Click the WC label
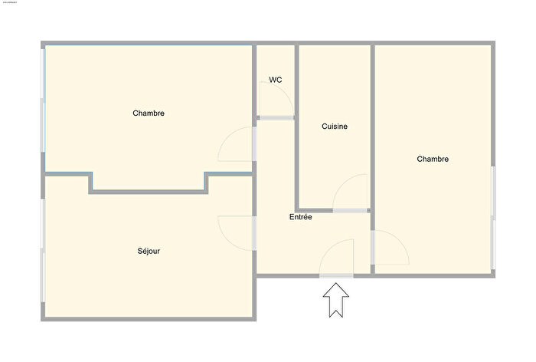pyautogui.click(x=276, y=80)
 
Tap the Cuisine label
pyautogui.click(x=334, y=127)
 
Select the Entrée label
pyautogui.click(x=300, y=217)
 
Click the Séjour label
pyautogui.click(x=149, y=251)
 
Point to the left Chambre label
pyautogui.click(x=149, y=114)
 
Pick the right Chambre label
pyautogui.click(x=433, y=160)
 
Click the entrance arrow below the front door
pyautogui.click(x=335, y=300)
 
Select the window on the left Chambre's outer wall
pyautogui.click(x=44, y=107)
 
